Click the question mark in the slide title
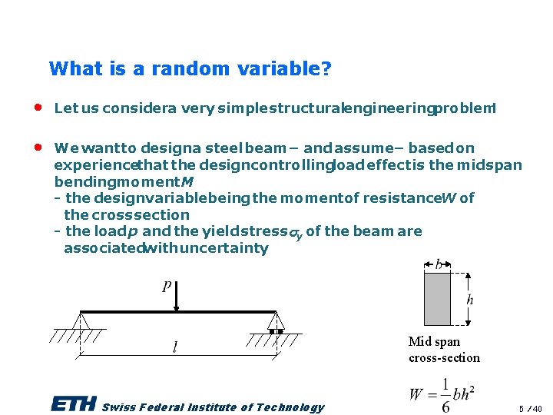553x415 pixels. point(326,69)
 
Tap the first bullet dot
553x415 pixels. point(37,108)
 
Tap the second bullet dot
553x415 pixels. point(37,148)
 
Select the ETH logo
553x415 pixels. point(73,405)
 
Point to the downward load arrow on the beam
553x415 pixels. point(177,296)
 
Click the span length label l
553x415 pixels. point(175,348)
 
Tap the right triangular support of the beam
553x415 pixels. point(276,320)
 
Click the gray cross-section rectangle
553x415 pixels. point(437,299)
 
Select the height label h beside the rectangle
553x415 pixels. point(469,300)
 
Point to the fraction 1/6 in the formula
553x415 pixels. point(445,395)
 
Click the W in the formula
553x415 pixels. point(416,395)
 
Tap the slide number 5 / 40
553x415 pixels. point(530,408)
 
